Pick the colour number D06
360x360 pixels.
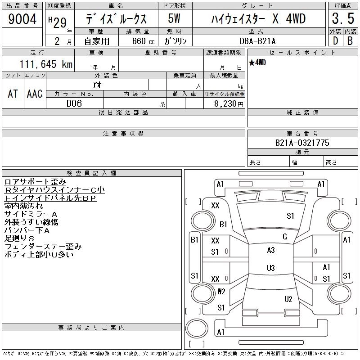tap(74, 103)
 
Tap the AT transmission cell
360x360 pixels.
tap(13, 94)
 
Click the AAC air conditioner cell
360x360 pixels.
tap(35, 94)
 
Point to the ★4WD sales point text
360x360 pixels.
tap(257, 63)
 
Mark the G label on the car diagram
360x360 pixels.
tap(284, 237)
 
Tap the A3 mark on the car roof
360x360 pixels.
tap(270, 250)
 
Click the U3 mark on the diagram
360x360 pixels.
tap(270, 268)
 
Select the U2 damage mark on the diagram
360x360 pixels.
tap(288, 299)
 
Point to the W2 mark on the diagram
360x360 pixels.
tap(221, 292)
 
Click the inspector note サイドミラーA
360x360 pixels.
tap(31, 214)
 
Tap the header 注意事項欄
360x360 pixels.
tap(123, 134)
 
